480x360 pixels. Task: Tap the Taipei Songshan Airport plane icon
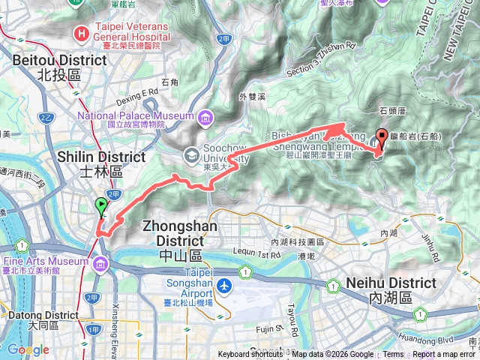tap(223, 286)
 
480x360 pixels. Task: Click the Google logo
tap(28, 349)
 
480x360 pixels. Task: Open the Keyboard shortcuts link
tap(253, 355)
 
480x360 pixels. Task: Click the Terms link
tap(393, 355)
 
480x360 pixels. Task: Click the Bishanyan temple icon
tap(378, 139)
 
